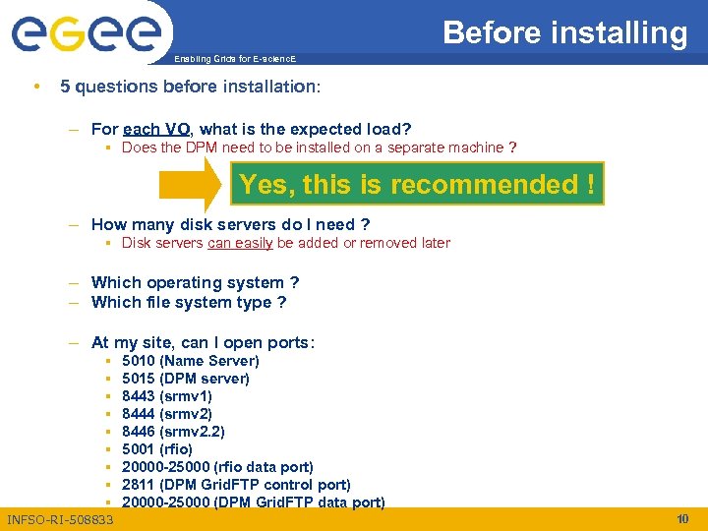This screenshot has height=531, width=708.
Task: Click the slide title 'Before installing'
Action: (564, 32)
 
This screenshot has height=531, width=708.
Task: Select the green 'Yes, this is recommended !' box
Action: (417, 184)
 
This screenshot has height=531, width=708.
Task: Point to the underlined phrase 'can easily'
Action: (240, 243)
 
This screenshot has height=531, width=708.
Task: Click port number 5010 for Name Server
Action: (139, 361)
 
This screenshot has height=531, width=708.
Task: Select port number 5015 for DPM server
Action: (139, 379)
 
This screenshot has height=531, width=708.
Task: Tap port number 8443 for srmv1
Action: (139, 396)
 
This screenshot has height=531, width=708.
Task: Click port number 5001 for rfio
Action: (139, 449)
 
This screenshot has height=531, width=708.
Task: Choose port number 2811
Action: (139, 485)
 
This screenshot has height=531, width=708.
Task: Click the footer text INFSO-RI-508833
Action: (60, 519)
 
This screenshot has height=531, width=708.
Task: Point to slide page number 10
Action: (682, 518)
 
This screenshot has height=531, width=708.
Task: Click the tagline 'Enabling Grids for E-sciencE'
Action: (234, 59)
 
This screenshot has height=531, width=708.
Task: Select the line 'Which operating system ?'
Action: (195, 282)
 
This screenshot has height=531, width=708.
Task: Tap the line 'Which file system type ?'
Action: (188, 302)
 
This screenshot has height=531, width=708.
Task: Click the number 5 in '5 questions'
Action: (65, 87)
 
